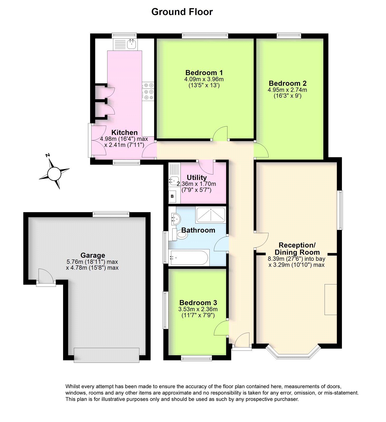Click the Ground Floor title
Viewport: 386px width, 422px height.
coord(182,12)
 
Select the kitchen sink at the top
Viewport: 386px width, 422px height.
coord(131,44)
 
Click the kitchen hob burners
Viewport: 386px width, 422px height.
coord(148,92)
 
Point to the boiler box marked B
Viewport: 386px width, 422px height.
coord(172,196)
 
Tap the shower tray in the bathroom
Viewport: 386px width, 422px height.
coord(211,215)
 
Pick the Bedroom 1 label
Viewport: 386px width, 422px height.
coord(204,73)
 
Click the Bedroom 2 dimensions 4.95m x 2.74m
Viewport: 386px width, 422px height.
coord(287,90)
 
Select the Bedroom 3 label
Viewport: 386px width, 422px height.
coord(198,303)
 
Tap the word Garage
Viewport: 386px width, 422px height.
coord(93,255)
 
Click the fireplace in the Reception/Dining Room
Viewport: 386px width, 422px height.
coord(331,299)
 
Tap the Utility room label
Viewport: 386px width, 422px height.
coord(196,177)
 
